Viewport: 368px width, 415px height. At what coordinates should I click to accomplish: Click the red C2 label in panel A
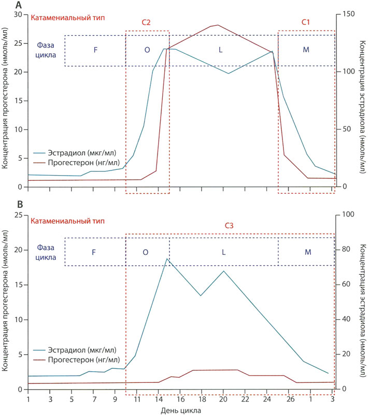pos(146,23)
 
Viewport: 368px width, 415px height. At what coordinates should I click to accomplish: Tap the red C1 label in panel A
pos(306,23)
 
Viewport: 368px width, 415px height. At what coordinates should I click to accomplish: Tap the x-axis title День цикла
pos(178,410)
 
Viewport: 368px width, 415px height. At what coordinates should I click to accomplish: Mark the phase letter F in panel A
pos(95,50)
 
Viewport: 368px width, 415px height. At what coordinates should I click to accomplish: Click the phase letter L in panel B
pos(223,252)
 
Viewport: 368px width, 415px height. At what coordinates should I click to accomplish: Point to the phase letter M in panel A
pos(306,50)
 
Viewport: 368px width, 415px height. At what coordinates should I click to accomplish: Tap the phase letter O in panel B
pos(146,252)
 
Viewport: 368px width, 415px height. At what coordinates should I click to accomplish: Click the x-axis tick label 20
pos(223,400)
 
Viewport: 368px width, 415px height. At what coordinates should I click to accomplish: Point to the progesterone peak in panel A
pos(217,25)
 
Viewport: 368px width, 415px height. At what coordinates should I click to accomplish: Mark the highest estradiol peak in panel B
pos(166,259)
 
